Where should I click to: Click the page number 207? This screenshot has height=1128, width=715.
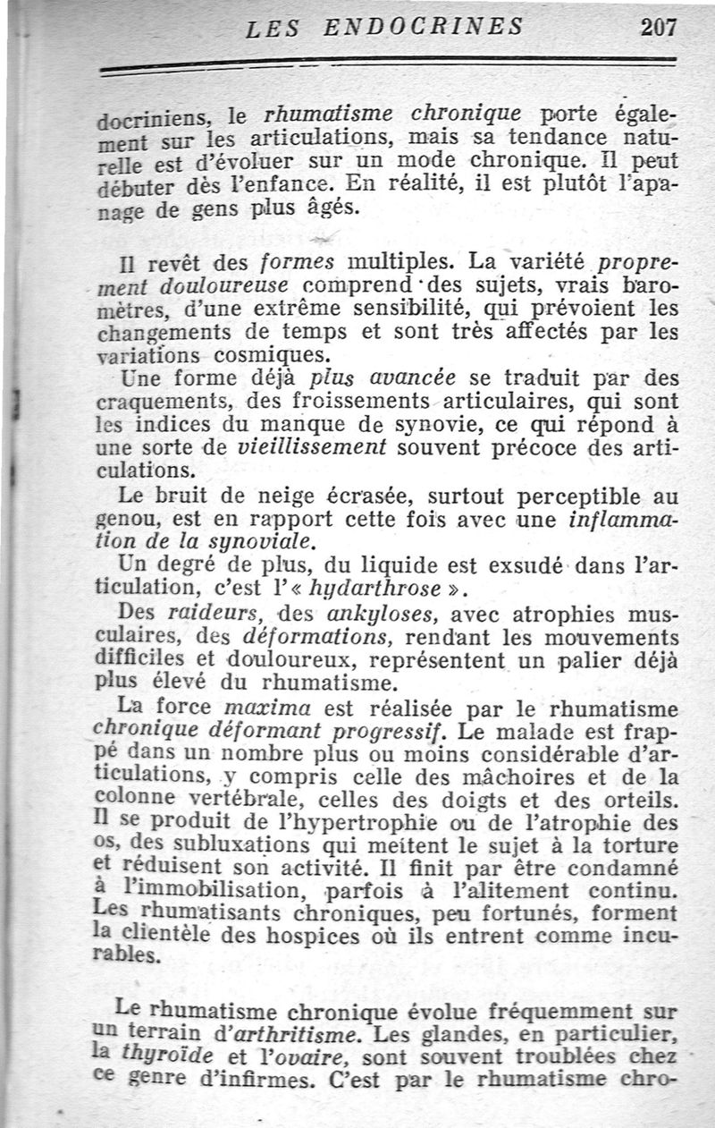[x=659, y=26]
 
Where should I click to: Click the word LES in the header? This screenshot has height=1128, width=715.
[x=273, y=28]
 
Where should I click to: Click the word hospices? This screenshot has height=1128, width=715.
[x=289, y=935]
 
